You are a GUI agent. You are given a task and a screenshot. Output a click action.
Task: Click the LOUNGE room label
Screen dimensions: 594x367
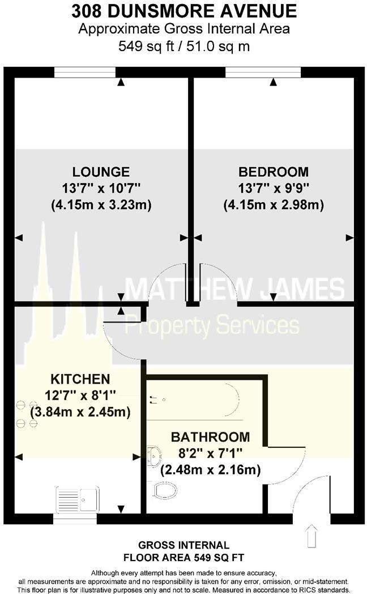(101, 171)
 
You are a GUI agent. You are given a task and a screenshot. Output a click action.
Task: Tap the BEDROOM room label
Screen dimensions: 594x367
(274, 171)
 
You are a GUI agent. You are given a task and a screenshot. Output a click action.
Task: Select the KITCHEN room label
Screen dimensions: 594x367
(80, 378)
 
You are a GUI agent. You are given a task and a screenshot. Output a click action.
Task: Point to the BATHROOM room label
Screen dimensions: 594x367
(210, 437)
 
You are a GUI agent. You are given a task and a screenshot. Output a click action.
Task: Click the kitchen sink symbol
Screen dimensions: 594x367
(77, 499)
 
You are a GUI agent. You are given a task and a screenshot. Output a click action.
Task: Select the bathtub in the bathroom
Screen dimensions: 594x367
(195, 401)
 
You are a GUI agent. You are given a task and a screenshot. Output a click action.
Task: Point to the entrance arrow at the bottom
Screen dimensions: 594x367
(310, 534)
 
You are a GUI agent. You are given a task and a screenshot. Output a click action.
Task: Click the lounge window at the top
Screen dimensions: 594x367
(85, 71)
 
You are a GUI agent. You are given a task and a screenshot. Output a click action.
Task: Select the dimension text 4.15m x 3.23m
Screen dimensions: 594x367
(101, 205)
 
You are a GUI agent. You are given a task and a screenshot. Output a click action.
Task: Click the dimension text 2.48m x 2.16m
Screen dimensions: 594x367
(211, 470)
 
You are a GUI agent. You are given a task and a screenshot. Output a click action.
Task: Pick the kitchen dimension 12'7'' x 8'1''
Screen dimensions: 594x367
(80, 395)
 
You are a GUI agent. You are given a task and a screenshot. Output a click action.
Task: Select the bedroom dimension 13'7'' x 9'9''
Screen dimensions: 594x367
(274, 188)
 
